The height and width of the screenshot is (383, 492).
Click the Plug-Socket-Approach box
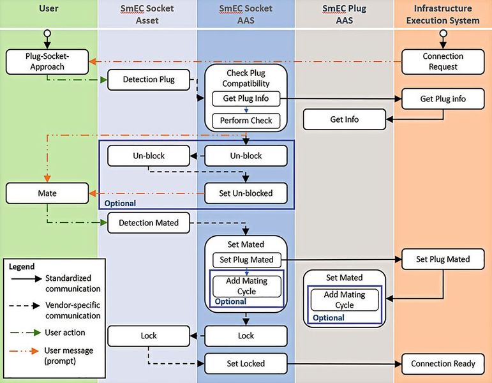click(47, 62)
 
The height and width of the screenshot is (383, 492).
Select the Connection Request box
click(443, 61)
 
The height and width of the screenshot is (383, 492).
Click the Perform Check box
click(246, 120)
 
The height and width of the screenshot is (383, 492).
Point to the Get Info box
click(344, 119)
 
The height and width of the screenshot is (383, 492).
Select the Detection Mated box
click(148, 223)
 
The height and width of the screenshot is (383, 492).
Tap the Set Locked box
click(246, 363)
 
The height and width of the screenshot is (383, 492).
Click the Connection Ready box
click(443, 363)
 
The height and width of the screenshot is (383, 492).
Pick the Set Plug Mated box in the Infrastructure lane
click(443, 259)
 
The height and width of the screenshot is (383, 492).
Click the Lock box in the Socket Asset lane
click(148, 335)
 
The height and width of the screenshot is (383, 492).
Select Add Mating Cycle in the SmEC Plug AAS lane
click(344, 299)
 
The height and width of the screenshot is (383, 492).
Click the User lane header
click(48, 9)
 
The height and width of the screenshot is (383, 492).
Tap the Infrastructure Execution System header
click(443, 14)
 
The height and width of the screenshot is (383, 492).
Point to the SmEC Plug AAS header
click(344, 14)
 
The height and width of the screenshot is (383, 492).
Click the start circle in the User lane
click(47, 34)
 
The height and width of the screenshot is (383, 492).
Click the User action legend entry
click(64, 333)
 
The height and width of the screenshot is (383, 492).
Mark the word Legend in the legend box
click(23, 267)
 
